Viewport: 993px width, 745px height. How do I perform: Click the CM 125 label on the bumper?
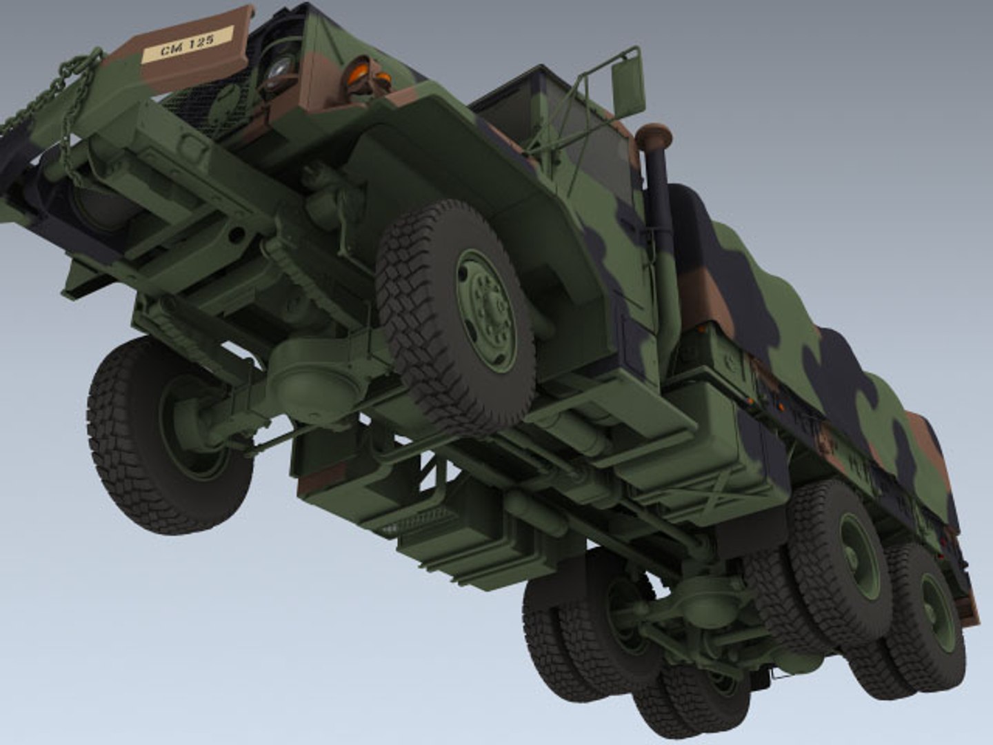pos(187,46)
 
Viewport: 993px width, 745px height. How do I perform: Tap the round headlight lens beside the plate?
pos(280,69)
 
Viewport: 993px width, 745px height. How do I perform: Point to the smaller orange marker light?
pos(383,81)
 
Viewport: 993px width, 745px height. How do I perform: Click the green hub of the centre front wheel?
pos(486,310)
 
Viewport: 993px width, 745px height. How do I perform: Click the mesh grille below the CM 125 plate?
pos(207,103)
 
